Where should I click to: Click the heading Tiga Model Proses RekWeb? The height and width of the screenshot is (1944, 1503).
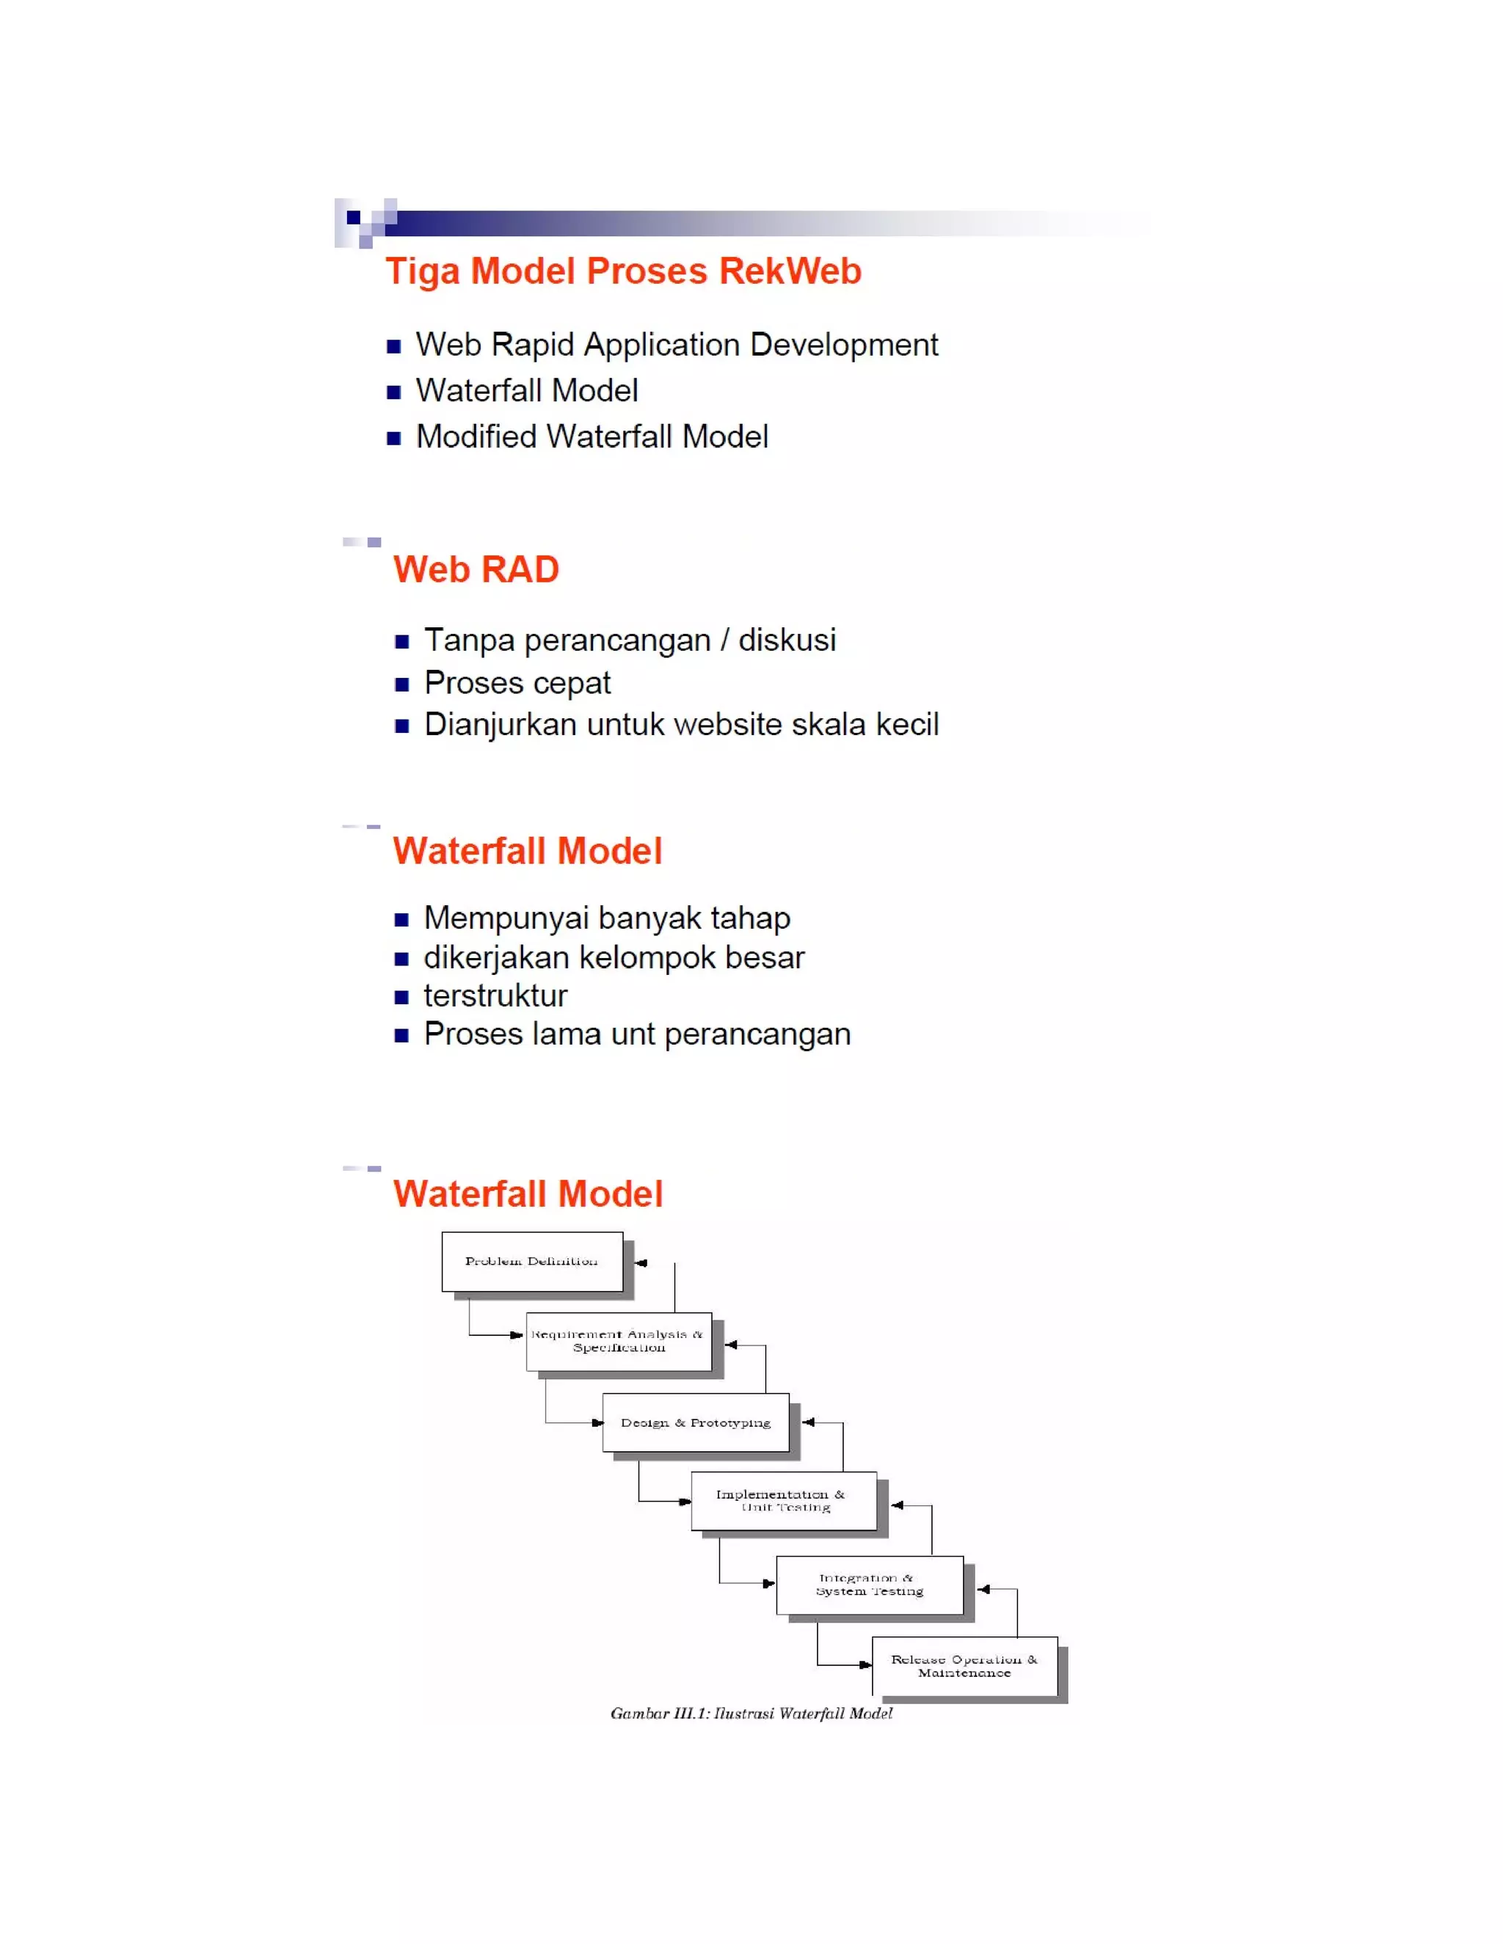pyautogui.click(x=623, y=271)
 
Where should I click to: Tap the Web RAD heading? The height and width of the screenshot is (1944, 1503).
pyautogui.click(x=476, y=570)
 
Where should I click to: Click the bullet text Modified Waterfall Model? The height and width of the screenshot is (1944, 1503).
pyautogui.click(x=592, y=437)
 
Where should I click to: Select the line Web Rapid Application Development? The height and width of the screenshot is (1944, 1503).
pyautogui.click(x=677, y=346)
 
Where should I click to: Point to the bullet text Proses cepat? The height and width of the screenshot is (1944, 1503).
pyautogui.click(x=517, y=683)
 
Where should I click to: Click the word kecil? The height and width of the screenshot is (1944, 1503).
pyautogui.click(x=907, y=725)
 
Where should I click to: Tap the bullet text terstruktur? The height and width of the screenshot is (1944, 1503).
pyautogui.click(x=495, y=995)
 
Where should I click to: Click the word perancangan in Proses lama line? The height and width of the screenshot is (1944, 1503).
pyautogui.click(x=757, y=1034)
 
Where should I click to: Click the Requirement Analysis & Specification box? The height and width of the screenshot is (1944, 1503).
pyautogui.click(x=619, y=1342)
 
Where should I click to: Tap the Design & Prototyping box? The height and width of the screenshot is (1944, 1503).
pyautogui.click(x=696, y=1422)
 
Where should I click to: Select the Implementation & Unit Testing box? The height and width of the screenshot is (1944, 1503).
pyautogui.click(x=784, y=1501)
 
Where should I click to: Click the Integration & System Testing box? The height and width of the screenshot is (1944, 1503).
pyautogui.click(x=870, y=1585)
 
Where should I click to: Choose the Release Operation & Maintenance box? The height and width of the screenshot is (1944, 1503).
pyautogui.click(x=964, y=1665)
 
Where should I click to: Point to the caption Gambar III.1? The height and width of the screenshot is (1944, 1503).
pyautogui.click(x=751, y=1714)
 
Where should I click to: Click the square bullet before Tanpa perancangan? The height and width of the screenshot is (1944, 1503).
pyautogui.click(x=401, y=642)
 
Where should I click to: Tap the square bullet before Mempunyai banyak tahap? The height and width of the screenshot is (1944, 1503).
pyautogui.click(x=401, y=919)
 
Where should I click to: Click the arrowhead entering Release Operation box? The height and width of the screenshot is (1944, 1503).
pyautogui.click(x=865, y=1665)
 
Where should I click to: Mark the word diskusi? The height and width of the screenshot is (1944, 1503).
pyautogui.click(x=787, y=640)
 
